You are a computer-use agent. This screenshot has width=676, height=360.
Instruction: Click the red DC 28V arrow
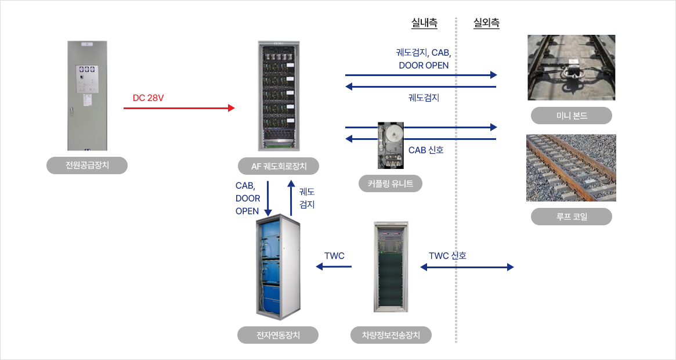click(179, 108)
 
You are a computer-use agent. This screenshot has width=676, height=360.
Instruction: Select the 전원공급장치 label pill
click(87, 165)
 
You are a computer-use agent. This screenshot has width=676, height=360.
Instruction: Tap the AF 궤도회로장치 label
click(279, 166)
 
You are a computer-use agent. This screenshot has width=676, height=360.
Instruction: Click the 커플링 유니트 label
click(390, 183)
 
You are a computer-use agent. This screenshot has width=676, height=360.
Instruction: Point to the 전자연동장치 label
click(278, 335)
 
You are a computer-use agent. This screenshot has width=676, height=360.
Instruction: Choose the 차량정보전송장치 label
click(391, 335)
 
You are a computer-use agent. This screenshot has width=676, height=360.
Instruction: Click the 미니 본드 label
click(571, 116)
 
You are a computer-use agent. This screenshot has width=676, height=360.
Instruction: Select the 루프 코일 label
click(571, 217)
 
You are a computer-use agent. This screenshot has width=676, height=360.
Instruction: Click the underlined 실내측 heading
click(424, 23)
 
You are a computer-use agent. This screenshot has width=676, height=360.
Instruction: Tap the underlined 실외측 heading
click(486, 23)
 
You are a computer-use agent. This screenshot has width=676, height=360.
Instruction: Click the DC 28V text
click(149, 98)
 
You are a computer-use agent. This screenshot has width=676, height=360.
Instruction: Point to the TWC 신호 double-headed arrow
click(467, 267)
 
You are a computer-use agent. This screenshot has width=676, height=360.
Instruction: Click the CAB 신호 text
click(426, 150)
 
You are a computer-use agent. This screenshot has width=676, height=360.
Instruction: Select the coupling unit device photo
click(391, 146)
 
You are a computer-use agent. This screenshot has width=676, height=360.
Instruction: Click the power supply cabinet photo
click(87, 96)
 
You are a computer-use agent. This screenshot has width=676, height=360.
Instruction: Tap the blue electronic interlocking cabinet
click(278, 267)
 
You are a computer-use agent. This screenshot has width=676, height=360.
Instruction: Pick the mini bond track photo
click(571, 68)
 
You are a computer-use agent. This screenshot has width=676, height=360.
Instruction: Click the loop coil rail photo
click(571, 168)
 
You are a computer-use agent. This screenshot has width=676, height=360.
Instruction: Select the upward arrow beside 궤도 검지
click(291, 198)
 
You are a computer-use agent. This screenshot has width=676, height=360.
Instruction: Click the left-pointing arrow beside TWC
click(334, 267)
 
